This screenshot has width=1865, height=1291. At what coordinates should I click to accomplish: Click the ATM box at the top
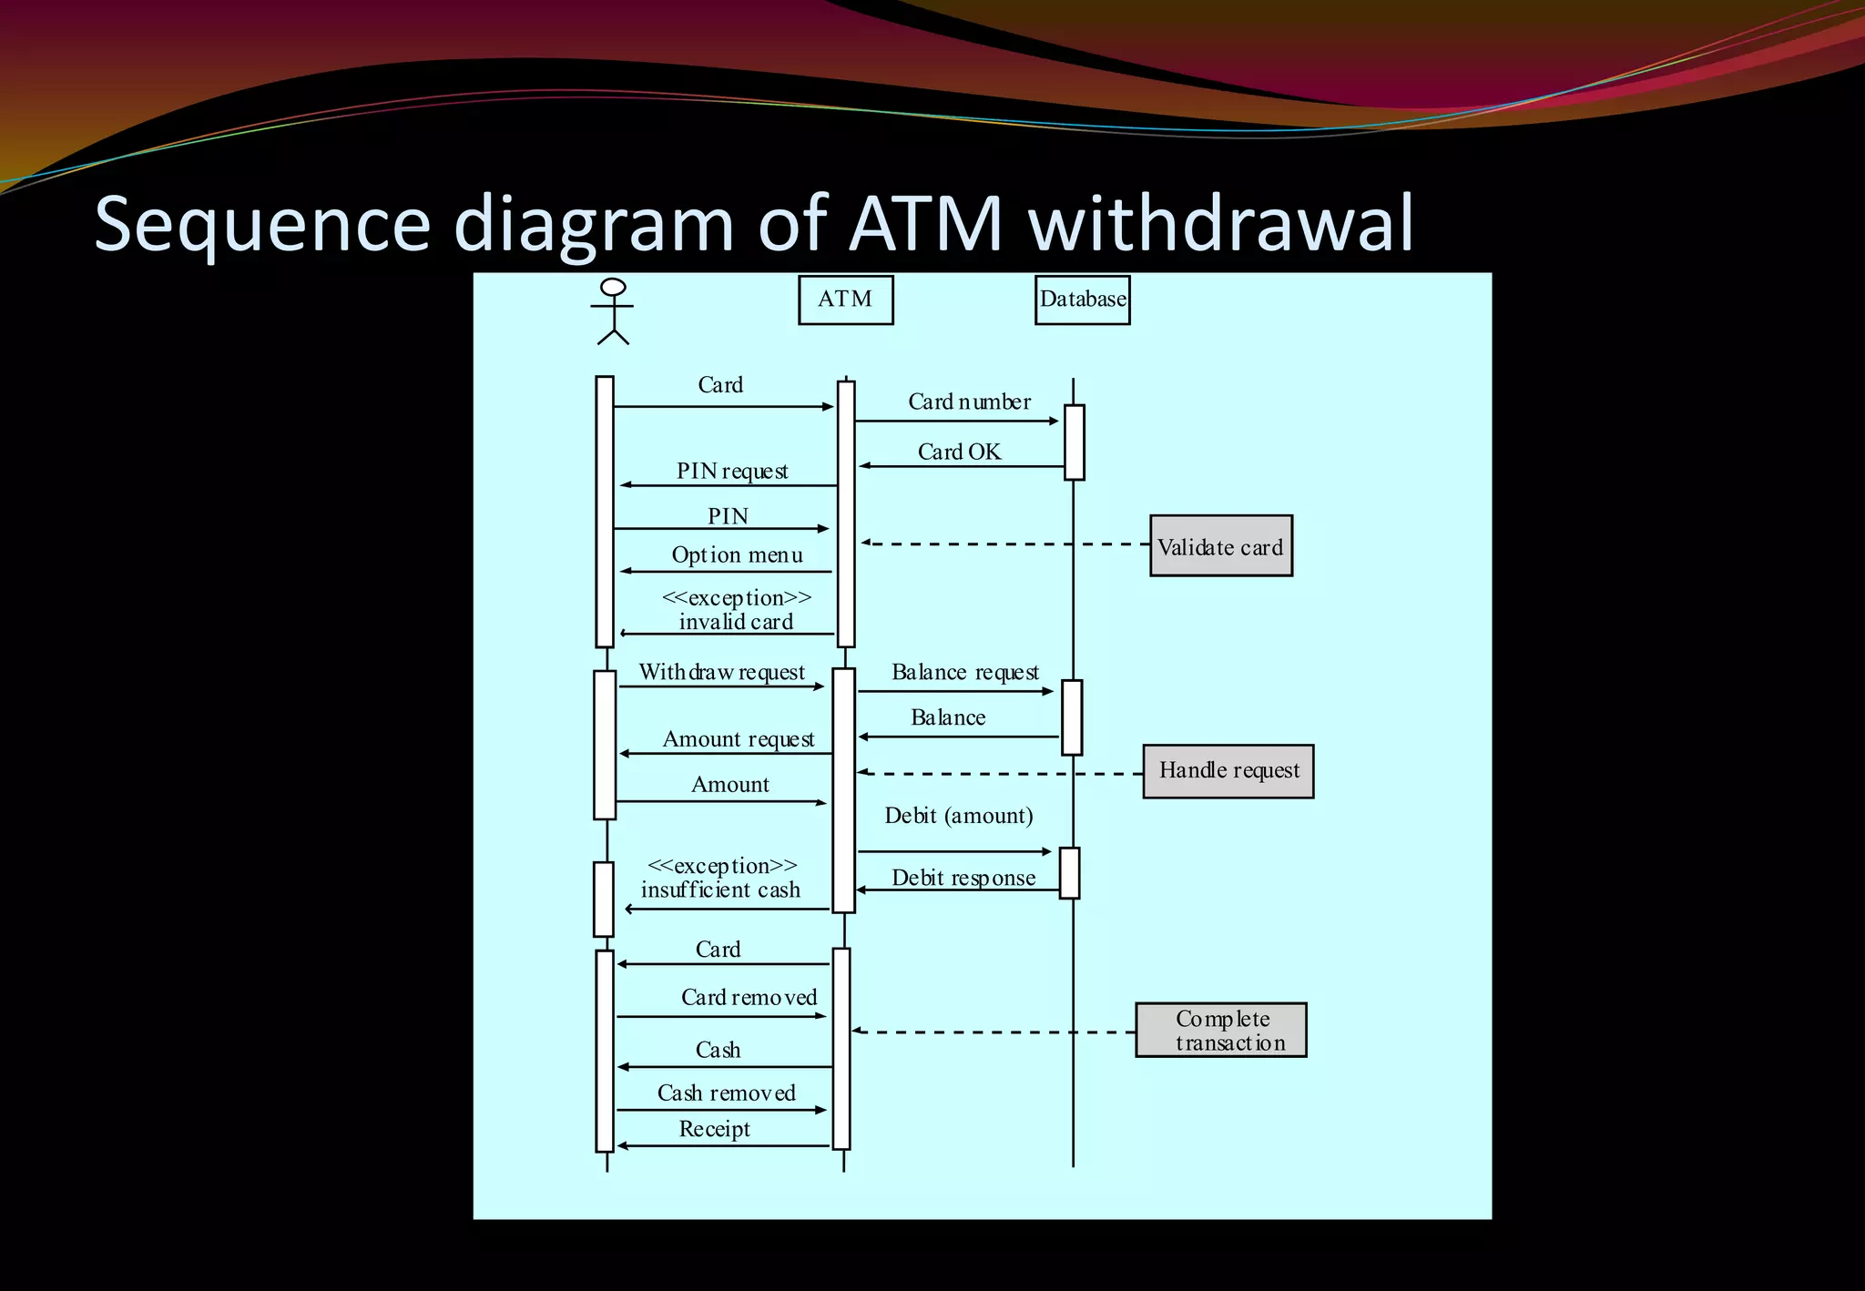845,300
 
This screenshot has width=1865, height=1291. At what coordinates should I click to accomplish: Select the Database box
1082,300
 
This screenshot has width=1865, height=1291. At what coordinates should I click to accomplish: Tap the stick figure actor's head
614,288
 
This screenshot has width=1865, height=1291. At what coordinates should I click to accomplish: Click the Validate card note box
1220,546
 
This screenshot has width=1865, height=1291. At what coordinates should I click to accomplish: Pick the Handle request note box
1228,771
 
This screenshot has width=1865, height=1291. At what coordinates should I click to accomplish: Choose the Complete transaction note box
1220,1030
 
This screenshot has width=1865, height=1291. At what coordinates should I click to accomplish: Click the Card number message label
969,402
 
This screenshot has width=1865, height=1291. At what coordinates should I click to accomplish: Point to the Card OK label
959,452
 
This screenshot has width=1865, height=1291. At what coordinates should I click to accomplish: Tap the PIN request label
732,471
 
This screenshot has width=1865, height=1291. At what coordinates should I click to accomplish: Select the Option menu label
737,554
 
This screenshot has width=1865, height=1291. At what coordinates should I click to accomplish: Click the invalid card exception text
736,621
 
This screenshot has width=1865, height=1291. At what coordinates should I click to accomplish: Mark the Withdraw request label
721,672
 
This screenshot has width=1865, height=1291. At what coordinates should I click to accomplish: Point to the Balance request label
964,672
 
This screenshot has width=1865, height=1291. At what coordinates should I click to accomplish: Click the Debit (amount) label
958,815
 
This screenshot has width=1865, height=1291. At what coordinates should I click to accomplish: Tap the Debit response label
963,878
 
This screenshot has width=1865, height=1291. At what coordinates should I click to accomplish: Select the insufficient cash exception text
720,889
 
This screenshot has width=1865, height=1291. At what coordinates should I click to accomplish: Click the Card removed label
749,997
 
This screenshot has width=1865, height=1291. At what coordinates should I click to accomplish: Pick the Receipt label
714,1129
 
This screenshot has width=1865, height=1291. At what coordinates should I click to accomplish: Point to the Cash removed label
726,1093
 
